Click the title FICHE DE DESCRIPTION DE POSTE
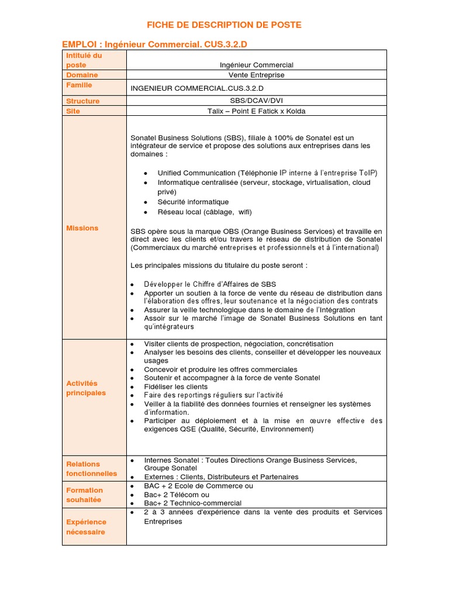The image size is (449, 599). coord(224,25)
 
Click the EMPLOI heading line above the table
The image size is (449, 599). coord(158,44)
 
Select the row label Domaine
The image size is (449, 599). coord(82,75)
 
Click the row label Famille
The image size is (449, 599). coord(79,85)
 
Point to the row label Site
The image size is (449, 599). coord(73,111)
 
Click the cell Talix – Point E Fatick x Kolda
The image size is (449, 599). coord(256,111)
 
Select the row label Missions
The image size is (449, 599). coord(82,228)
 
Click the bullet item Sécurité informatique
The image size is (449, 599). coord(193,202)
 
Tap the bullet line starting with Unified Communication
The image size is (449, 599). coord(267,173)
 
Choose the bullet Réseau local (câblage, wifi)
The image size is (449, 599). coord(205,212)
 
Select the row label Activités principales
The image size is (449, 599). coord(86,388)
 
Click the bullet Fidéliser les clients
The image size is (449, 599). coord(175,387)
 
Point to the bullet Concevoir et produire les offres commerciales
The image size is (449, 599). coord(220,370)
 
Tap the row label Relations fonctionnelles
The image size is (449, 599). coord(91,469)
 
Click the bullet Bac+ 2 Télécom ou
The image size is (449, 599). coord(177,494)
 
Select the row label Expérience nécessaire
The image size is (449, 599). coord(86,527)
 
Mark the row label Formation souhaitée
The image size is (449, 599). coord(84,495)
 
